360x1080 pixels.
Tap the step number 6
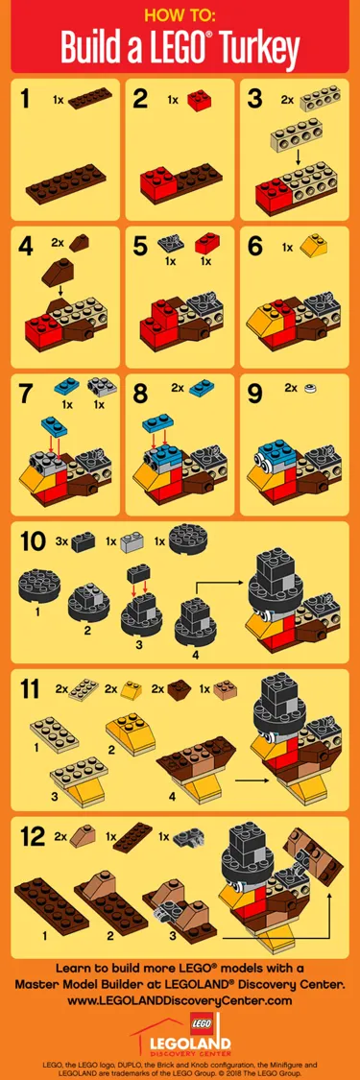pyautogui.click(x=255, y=245)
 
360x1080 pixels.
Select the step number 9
pyautogui.click(x=255, y=392)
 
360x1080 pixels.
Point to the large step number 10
pyautogui.click(x=36, y=540)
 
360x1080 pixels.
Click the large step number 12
pyautogui.click(x=36, y=837)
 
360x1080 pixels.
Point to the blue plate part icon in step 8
pyautogui.click(x=204, y=392)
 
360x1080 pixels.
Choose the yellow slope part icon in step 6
pyautogui.click(x=312, y=246)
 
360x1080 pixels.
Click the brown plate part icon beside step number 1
pyautogui.click(x=89, y=97)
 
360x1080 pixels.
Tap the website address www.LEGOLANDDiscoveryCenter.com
pyautogui.click(x=180, y=1000)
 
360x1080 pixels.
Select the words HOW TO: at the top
pyautogui.click(x=180, y=15)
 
